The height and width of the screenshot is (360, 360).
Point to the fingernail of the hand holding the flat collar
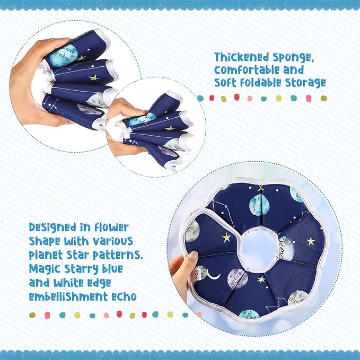click(x=194, y=257)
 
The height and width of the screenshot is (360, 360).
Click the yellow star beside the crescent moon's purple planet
click(x=261, y=279)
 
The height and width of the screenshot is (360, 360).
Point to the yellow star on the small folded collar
click(x=170, y=128)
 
